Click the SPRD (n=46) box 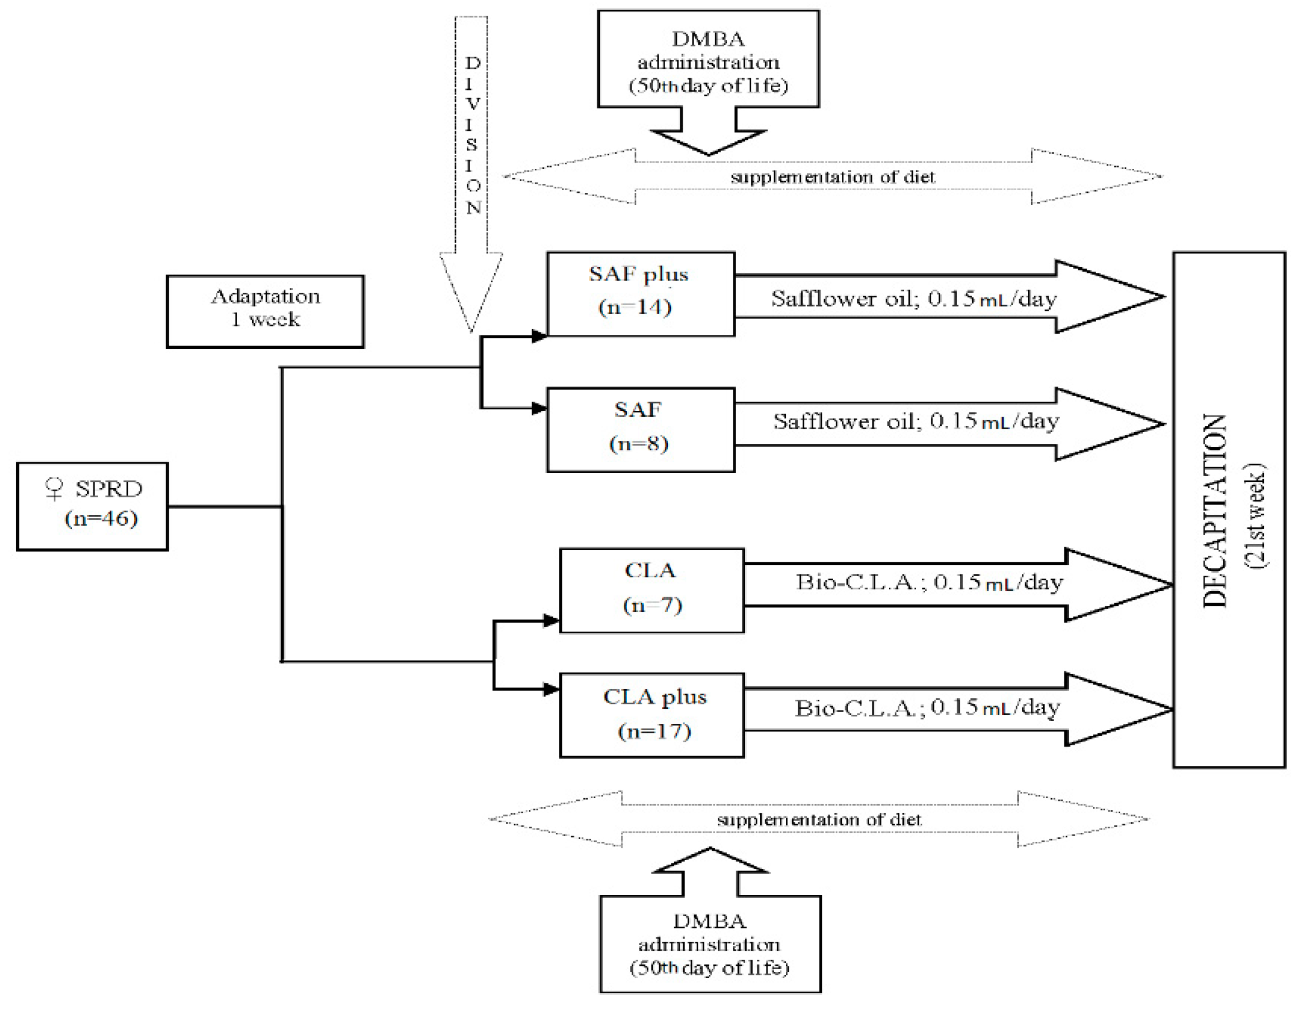(92, 506)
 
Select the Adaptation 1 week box (265, 311)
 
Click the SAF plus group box (640, 293)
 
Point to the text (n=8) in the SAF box (639, 443)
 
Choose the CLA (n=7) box (652, 590)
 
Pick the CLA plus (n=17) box (652, 715)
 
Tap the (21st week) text (1255, 516)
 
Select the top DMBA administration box (708, 60)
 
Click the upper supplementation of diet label (833, 177)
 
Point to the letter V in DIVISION (472, 104)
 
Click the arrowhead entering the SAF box (539, 408)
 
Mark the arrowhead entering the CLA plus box (551, 690)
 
